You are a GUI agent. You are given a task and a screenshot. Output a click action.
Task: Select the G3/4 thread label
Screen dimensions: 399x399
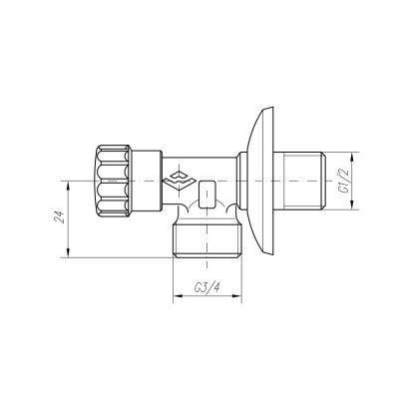click(x=206, y=287)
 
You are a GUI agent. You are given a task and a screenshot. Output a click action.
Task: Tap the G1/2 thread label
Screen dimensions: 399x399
click(x=342, y=181)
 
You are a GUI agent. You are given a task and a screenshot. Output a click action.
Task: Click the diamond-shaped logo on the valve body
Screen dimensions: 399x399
click(x=180, y=180)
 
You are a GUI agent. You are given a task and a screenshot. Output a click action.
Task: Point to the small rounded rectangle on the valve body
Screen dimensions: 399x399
click(x=206, y=194)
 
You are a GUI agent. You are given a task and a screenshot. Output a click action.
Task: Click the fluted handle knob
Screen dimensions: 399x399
click(x=113, y=181)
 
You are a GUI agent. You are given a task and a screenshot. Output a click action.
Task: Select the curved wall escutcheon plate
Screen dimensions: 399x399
click(x=260, y=181)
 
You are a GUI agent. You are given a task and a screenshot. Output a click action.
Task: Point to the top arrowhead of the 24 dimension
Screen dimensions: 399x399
click(x=68, y=186)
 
